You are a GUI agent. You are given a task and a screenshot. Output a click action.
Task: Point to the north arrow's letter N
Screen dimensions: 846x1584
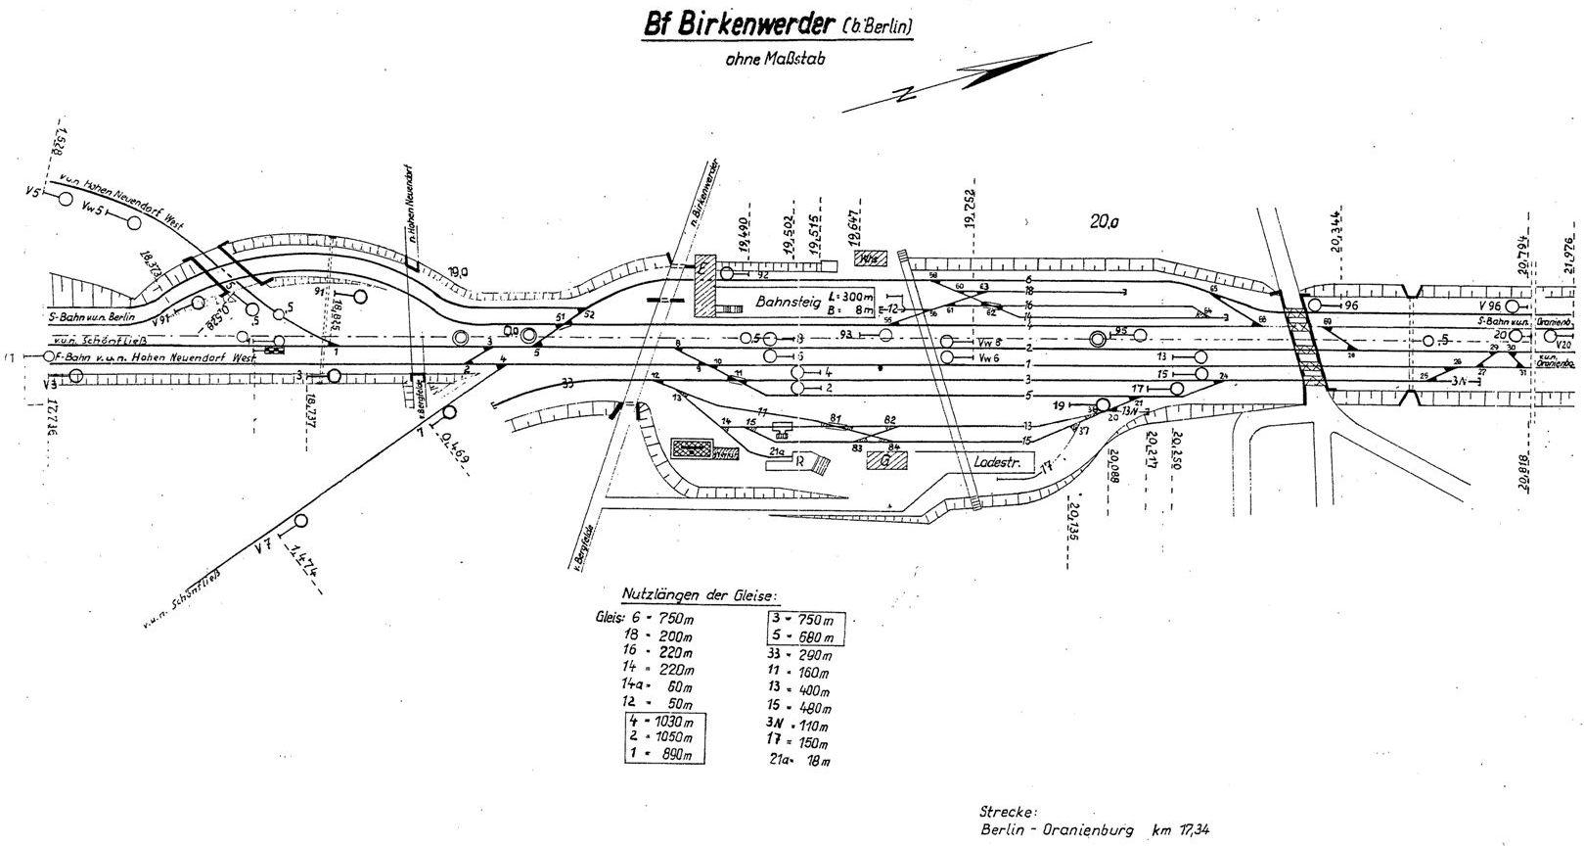click(905, 95)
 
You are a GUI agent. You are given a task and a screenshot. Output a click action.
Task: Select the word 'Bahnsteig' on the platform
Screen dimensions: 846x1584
click(786, 304)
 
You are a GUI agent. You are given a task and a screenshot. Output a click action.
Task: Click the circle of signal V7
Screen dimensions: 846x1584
click(300, 521)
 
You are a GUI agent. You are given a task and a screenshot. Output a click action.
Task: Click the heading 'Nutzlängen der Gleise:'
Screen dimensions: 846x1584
click(697, 595)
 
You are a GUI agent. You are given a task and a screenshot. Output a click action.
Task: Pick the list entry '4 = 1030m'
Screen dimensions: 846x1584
click(665, 723)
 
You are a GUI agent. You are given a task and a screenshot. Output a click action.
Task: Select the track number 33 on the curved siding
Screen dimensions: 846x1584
click(567, 383)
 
